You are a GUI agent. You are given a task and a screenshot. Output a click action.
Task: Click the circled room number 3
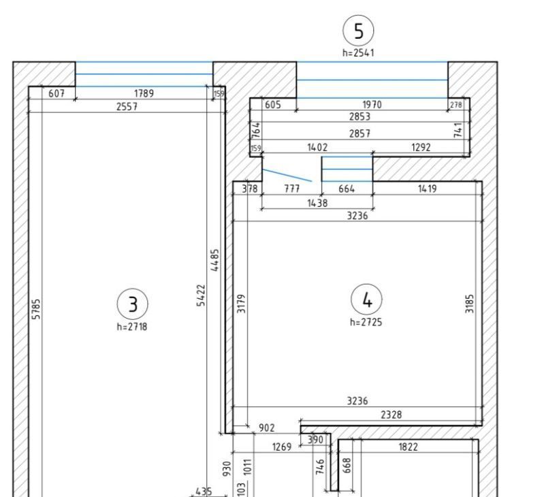point(133,304)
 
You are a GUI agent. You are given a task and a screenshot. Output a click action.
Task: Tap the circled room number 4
point(366,300)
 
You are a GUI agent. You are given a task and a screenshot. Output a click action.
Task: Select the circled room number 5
point(358,31)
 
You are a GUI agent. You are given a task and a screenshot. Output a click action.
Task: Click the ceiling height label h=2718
point(132,327)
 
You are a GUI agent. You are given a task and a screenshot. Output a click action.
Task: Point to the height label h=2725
point(366,322)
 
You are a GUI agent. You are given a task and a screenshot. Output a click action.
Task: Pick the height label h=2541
point(358,52)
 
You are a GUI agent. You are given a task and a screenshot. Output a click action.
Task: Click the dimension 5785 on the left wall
point(36,309)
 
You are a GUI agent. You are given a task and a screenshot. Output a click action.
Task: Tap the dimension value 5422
point(201,295)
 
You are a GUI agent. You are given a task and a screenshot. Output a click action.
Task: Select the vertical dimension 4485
point(214,260)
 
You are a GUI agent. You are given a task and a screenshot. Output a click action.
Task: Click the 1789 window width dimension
point(144,93)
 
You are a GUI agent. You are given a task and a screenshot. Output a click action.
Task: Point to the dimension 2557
point(127,106)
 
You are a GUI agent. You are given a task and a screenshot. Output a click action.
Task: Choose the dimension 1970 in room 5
point(372,104)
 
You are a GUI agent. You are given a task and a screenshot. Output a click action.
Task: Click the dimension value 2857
point(359,133)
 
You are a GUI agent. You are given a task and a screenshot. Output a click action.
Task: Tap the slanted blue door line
point(287,175)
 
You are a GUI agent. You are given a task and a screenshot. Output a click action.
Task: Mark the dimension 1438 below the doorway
point(317,203)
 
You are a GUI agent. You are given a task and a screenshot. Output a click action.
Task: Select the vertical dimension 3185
point(469,304)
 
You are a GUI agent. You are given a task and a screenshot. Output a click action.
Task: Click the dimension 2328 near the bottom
point(391,415)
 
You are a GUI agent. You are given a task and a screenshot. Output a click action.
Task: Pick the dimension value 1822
point(409,447)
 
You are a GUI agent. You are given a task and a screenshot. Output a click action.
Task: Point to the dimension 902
point(267,428)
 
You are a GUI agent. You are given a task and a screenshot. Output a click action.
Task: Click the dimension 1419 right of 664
point(428,189)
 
